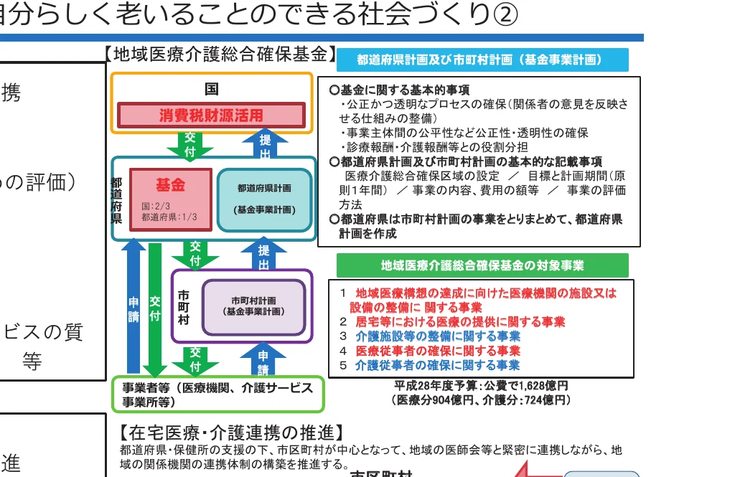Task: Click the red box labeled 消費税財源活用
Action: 211,115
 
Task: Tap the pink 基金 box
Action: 171,200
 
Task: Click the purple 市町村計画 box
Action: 253,307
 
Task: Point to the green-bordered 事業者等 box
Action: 218,394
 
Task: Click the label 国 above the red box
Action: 211,90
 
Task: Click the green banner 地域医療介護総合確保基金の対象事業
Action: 482,265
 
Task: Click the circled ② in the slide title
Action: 503,14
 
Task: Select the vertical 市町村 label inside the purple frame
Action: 184,307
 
